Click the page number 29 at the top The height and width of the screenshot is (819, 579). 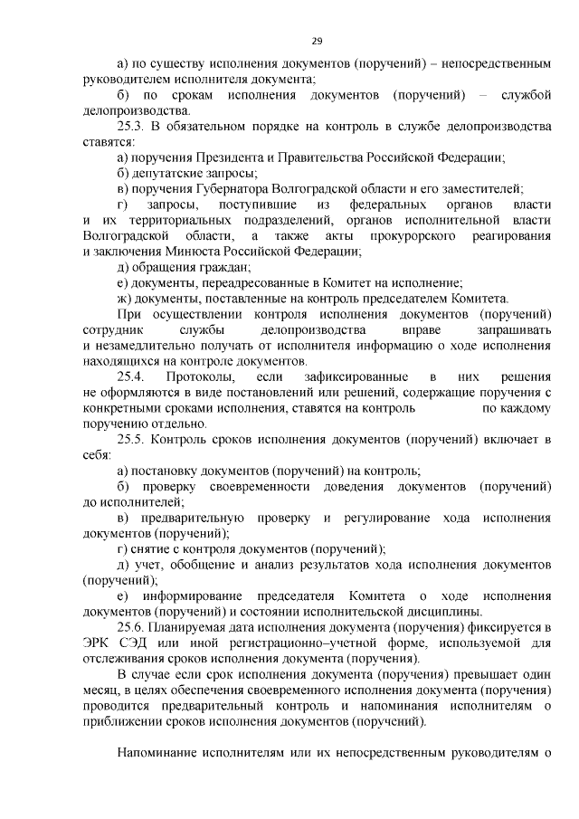317,40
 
